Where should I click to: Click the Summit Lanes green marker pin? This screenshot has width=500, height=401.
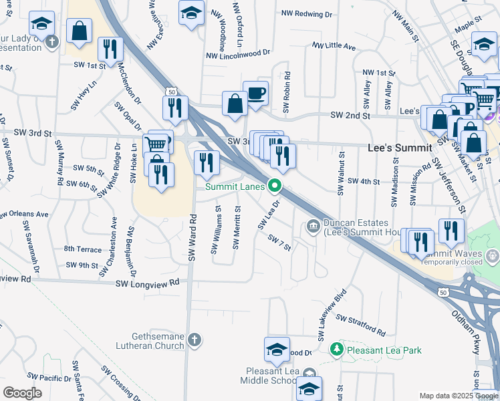274,186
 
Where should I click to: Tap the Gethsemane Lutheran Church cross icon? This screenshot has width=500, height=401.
194,340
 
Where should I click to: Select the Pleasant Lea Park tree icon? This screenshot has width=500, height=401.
338,349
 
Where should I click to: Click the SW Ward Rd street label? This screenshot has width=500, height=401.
193,237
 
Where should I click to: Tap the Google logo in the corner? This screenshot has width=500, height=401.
22,393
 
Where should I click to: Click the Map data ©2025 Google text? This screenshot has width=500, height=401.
458,396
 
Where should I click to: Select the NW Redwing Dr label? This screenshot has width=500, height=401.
307,13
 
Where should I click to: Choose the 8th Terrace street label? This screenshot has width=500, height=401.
82,249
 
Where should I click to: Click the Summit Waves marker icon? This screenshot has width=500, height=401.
493,255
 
